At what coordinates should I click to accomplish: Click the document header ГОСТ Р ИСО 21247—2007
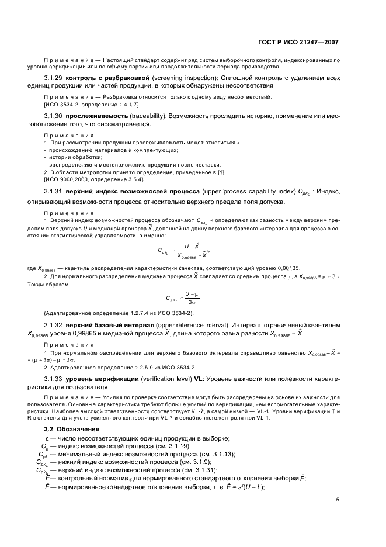pyautogui.click(x=298, y=42)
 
